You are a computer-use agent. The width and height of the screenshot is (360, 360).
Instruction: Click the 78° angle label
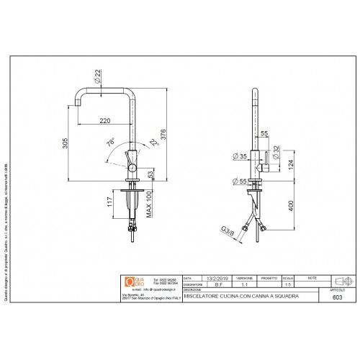pyautogui.click(x=110, y=143)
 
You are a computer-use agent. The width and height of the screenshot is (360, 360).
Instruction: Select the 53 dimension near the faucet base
pyautogui.click(x=151, y=174)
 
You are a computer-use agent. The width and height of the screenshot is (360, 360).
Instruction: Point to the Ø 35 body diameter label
pyautogui.click(x=240, y=156)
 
